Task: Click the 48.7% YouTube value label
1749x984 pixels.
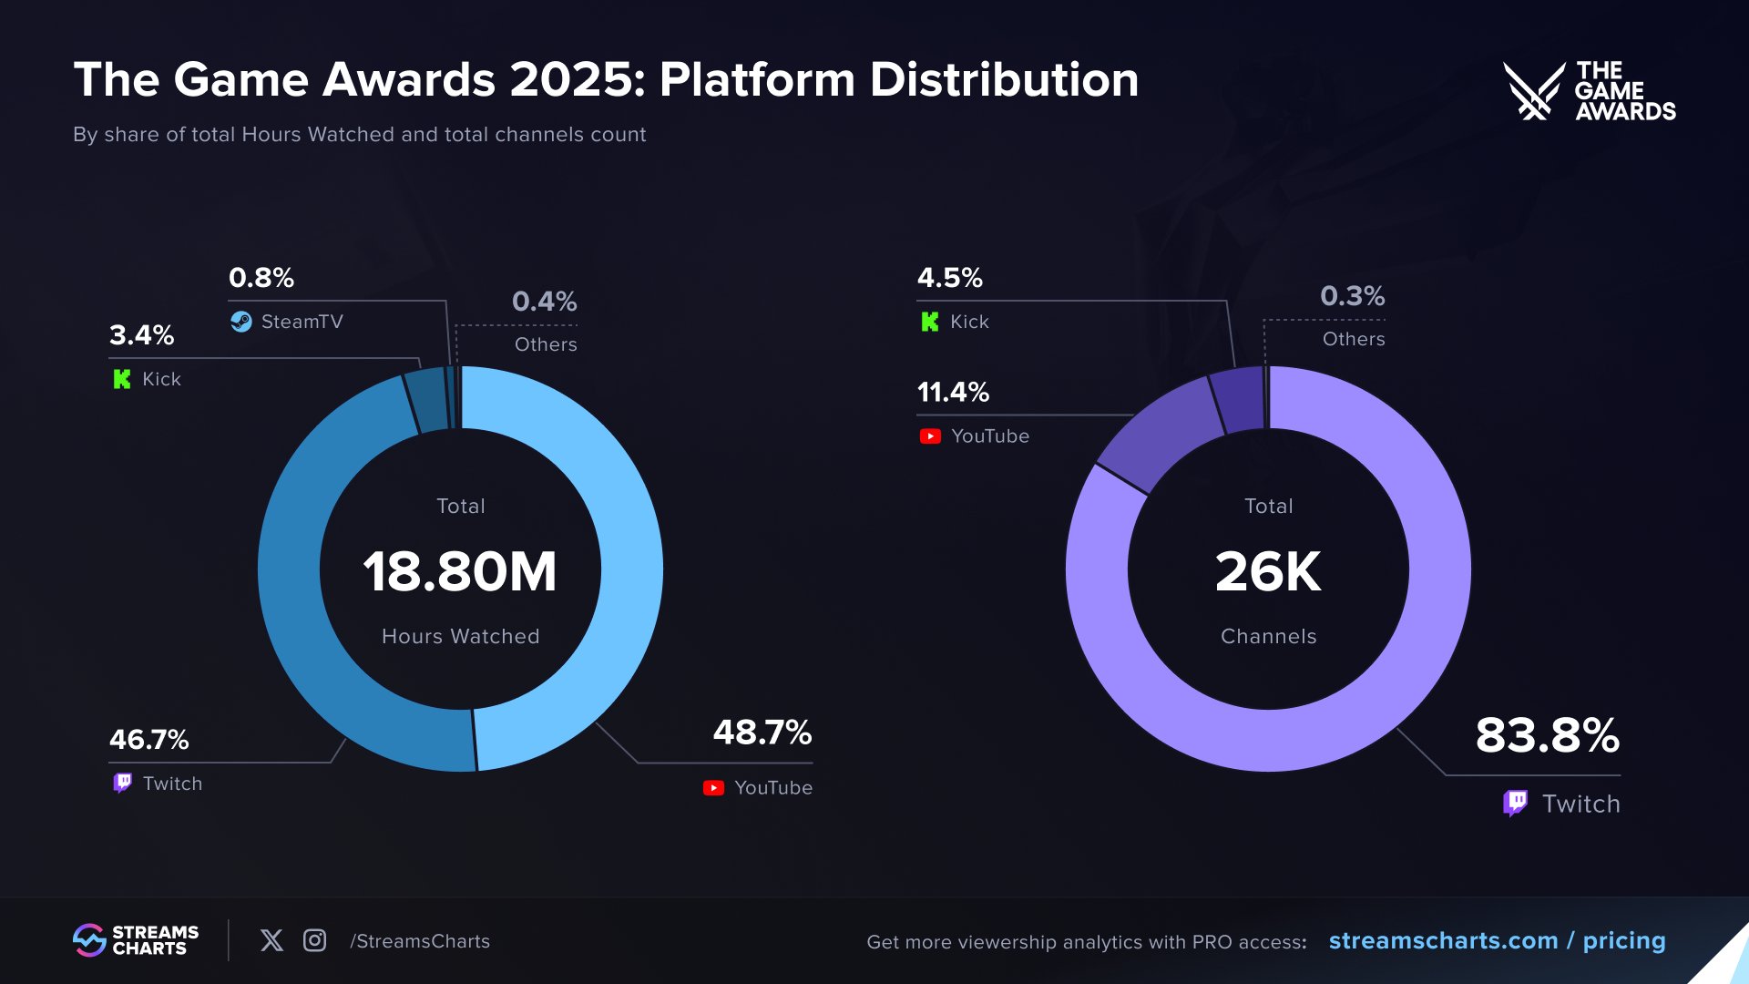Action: point(762,733)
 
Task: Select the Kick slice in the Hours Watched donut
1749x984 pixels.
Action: point(425,400)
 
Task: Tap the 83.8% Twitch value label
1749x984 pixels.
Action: point(1547,735)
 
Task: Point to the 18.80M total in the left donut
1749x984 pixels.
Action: point(460,572)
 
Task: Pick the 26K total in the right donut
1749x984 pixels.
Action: point(1268,572)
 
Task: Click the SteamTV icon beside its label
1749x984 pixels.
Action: point(241,322)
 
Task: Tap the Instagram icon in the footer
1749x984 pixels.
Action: point(314,940)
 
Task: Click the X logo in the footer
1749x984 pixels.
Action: point(271,940)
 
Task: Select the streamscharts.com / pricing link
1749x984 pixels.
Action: point(1497,940)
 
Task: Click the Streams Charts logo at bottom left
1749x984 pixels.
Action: point(136,940)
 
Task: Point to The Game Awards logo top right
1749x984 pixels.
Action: point(1589,91)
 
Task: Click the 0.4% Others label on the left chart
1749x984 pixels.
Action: point(544,302)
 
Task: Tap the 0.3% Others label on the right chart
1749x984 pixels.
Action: point(1352,296)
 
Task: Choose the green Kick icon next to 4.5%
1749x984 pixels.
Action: point(929,322)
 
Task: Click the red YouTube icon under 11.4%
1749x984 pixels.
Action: point(930,436)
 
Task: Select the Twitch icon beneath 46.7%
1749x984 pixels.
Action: point(122,784)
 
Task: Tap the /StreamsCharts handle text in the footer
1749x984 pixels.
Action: point(420,941)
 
